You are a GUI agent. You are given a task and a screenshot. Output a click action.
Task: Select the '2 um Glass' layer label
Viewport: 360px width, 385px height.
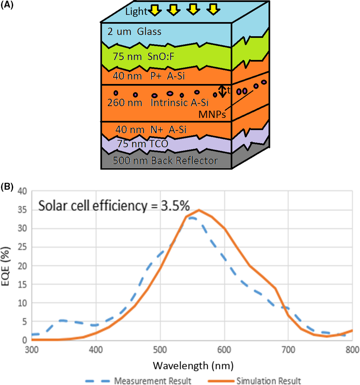tap(135, 32)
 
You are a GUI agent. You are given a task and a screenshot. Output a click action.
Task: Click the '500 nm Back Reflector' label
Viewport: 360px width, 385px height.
tap(164, 160)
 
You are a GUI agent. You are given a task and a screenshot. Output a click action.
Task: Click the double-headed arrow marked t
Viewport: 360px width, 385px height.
tap(222, 91)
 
